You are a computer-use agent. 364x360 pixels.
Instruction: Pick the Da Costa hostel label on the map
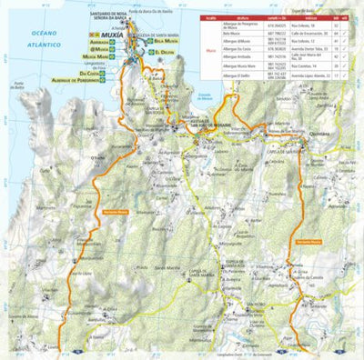(87, 70)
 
